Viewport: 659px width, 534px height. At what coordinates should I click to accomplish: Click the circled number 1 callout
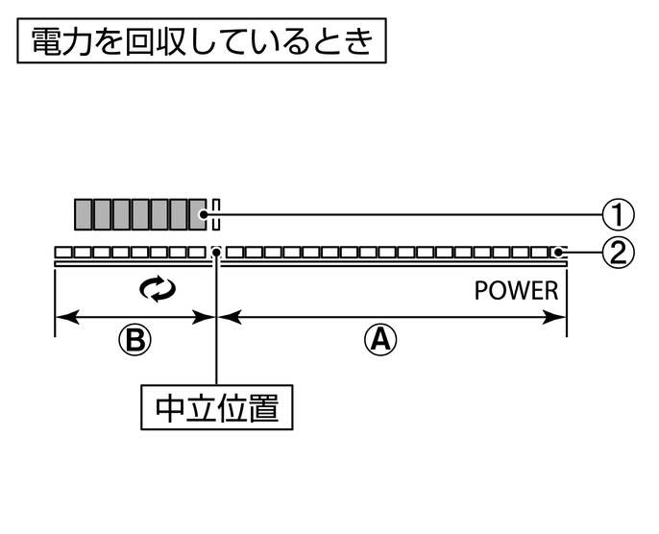click(620, 213)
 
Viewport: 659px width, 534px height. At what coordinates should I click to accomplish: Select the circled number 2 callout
click(620, 253)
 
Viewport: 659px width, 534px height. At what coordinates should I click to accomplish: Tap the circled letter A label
click(382, 337)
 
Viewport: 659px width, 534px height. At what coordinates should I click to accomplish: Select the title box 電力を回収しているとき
click(202, 42)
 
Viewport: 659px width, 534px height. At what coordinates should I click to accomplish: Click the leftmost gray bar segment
click(84, 214)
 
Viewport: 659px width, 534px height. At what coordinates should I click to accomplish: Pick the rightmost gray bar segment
click(199, 214)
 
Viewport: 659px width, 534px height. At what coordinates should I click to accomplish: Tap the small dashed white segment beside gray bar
click(216, 214)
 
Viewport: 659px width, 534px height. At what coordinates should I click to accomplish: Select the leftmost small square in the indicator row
click(62, 253)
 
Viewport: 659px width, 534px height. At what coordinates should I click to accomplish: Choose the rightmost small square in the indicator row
click(556, 253)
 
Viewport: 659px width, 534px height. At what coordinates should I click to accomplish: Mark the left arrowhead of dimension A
click(227, 316)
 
